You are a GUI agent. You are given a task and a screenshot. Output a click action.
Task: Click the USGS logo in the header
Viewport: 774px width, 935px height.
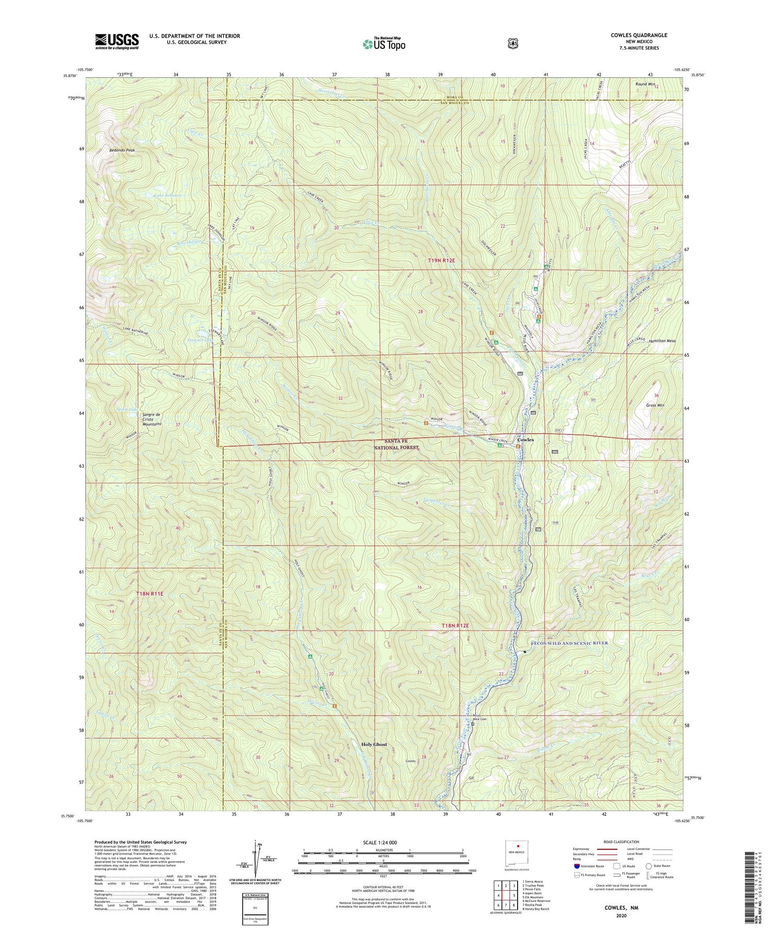117,41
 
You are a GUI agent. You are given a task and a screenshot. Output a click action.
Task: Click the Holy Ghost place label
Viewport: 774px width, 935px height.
374,744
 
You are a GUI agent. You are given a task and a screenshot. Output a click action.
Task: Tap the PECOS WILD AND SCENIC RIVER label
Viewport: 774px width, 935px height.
569,643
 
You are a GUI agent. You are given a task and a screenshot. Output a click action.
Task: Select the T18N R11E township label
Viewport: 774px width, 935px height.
150,594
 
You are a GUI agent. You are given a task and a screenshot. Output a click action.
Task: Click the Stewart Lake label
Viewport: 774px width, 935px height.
199,340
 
